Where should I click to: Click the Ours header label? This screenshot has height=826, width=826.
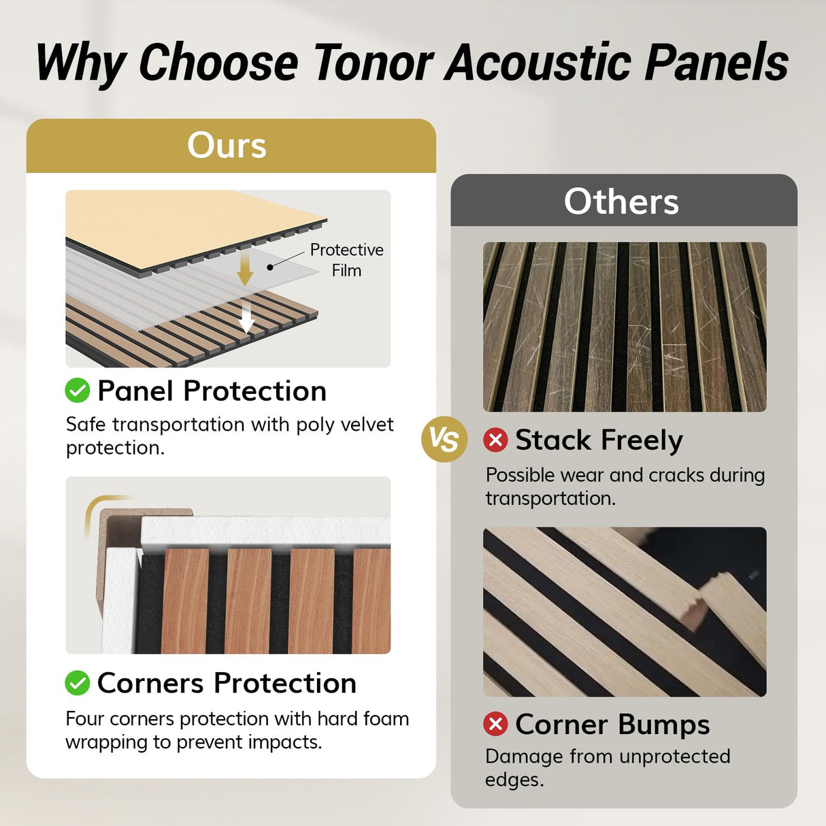(227, 145)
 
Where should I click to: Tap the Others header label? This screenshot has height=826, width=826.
(621, 201)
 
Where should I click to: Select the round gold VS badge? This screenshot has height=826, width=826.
(444, 440)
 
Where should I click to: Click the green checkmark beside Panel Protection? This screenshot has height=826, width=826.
(78, 391)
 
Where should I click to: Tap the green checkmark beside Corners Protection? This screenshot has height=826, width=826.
(78, 682)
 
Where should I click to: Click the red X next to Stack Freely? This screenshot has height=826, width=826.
(495, 440)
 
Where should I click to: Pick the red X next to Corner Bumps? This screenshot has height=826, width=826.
(495, 724)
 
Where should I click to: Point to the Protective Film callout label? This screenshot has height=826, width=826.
(346, 260)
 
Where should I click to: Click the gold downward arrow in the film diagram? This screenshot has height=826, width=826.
(245, 269)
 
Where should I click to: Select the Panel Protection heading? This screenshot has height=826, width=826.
(212, 391)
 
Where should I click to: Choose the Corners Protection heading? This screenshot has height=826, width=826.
(227, 683)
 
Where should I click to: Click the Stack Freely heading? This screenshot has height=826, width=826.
(599, 440)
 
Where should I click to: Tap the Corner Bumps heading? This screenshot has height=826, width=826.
(612, 724)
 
